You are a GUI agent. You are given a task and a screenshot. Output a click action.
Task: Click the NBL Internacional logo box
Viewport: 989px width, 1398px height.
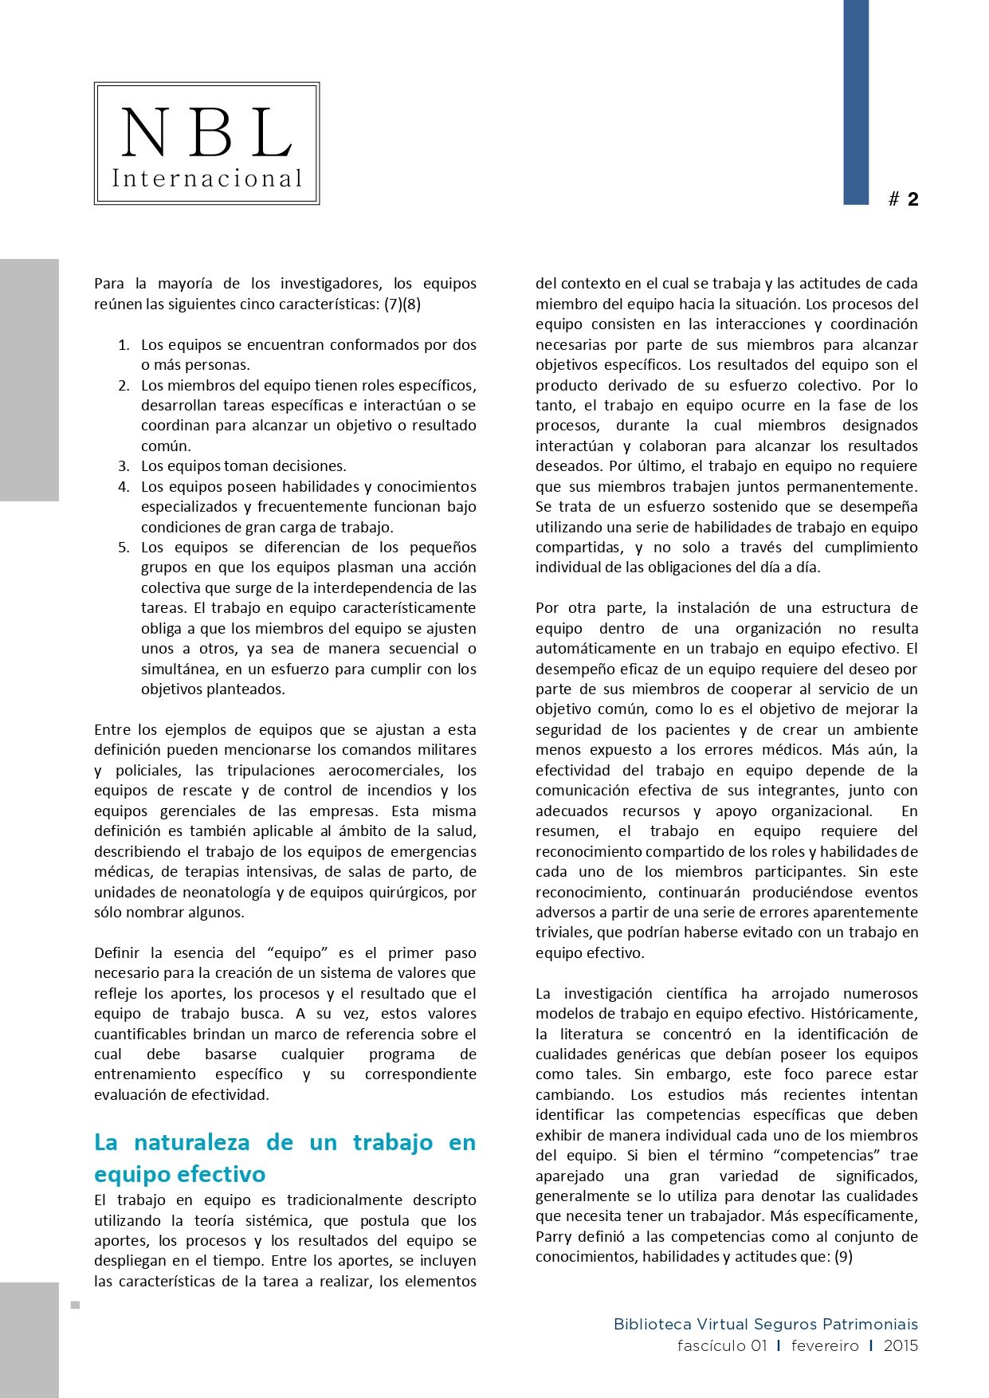coord(206,143)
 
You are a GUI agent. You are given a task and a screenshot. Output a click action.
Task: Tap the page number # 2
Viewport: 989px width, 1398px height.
coord(904,199)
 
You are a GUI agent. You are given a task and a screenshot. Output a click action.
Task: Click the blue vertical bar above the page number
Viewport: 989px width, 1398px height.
coord(856,102)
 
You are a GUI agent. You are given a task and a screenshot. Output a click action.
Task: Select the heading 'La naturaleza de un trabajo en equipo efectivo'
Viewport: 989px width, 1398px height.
coord(285,1158)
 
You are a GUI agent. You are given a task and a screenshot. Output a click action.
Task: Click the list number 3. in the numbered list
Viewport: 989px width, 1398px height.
coord(124,466)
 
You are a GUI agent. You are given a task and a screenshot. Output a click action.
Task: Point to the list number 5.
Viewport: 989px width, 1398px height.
coord(124,548)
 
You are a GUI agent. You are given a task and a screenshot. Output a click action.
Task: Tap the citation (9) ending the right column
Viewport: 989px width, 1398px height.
coord(843,1257)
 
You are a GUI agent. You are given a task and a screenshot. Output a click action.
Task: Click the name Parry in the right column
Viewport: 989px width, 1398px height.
coord(553,1237)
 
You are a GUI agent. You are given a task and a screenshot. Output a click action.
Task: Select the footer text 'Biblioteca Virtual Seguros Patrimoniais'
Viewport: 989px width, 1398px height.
coord(765,1324)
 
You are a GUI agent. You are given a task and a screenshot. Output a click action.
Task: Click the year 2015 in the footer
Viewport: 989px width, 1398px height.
coord(901,1345)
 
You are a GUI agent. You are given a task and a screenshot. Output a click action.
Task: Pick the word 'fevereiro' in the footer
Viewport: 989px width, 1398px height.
coord(825,1345)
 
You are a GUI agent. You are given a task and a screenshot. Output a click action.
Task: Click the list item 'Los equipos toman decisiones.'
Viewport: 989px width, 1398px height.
coord(243,466)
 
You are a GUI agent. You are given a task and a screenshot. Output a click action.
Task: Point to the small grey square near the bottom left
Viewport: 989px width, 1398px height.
coord(76,1305)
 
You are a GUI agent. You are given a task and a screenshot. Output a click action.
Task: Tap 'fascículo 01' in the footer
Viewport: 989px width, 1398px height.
coord(722,1345)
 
